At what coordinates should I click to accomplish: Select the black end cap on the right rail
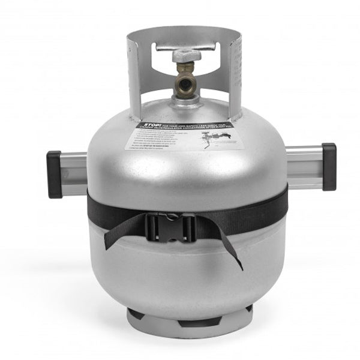coord(328,166)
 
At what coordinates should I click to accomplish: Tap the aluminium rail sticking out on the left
coord(73,172)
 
